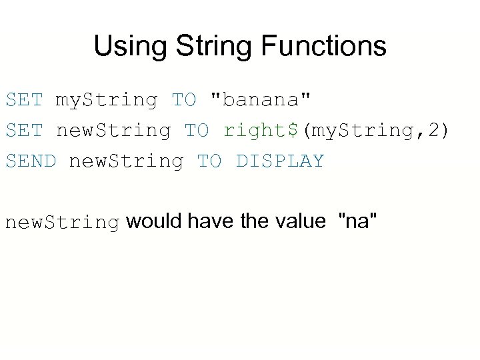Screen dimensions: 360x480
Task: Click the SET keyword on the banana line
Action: pos(24,100)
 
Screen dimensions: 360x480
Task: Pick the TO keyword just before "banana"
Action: pos(184,100)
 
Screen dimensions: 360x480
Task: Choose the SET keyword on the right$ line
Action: pos(24,130)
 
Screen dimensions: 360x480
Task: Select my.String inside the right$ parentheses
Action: pos(360,131)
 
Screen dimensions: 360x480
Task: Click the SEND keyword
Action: pos(31,161)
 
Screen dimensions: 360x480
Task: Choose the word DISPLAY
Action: pos(280,161)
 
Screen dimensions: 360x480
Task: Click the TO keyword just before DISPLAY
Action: pos(209,161)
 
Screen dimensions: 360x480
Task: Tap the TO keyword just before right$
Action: pos(196,130)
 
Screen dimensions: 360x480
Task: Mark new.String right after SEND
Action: pos(126,161)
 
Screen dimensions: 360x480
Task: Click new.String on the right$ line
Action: pos(113,131)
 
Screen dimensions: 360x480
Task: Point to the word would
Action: pos(153,221)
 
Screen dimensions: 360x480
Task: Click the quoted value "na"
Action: pos(359,221)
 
